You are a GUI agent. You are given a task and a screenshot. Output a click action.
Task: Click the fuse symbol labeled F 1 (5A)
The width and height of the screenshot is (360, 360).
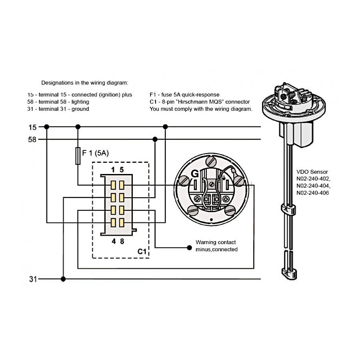coord(78,156)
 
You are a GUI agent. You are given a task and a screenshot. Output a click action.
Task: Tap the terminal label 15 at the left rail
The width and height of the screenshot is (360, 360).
coord(32,127)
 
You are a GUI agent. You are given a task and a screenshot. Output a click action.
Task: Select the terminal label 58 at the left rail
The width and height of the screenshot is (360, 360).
coord(32,140)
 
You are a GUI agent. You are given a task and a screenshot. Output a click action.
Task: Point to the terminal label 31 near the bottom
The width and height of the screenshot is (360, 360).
coord(33,279)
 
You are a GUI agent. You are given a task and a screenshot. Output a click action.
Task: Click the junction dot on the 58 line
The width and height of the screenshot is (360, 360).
coord(155,139)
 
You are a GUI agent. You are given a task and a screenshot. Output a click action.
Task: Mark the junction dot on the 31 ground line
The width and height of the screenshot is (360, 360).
coord(63,279)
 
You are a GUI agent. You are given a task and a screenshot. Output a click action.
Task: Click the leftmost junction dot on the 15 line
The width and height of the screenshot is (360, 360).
coord(47,127)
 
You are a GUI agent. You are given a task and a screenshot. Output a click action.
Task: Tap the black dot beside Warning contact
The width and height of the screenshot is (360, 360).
coord(190,248)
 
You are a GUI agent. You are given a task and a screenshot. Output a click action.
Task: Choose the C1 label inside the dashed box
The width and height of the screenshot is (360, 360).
coord(142,252)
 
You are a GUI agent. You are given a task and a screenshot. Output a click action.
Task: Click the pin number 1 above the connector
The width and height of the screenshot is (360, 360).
coord(113,170)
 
